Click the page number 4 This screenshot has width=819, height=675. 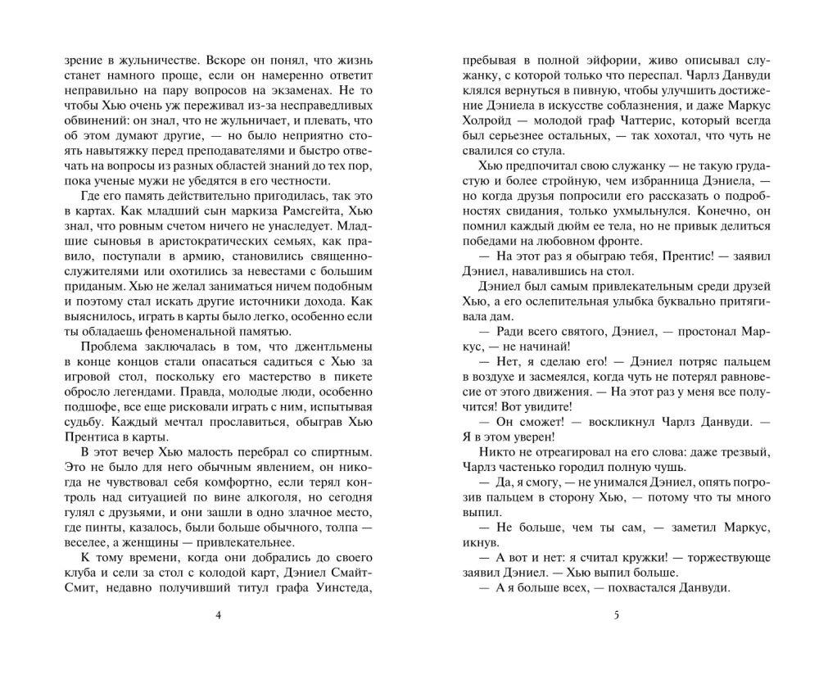(x=217, y=616)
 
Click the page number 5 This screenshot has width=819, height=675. (x=614, y=616)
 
